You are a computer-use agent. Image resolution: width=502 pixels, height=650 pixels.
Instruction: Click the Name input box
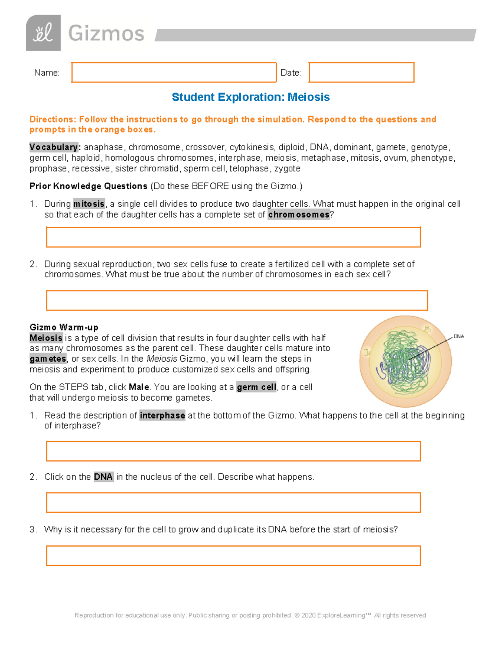pos(174,72)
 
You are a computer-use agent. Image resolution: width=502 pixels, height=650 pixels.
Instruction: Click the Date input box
pos(361,72)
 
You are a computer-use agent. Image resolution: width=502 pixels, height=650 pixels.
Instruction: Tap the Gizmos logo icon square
pos(44,33)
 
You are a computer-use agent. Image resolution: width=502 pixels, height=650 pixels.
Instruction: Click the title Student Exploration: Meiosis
pos(251,97)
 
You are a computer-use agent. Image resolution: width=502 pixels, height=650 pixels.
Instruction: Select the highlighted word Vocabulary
pos(54,147)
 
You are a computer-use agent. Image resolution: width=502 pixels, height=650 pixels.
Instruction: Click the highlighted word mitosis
pos(89,204)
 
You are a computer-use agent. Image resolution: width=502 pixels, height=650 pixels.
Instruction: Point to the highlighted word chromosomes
pos(299,215)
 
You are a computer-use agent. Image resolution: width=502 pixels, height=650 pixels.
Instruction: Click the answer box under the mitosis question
pos(233,237)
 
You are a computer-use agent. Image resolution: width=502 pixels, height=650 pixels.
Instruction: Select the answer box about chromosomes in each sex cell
pos(237,301)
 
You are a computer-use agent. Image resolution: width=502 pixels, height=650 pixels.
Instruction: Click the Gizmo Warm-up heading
pos(64,327)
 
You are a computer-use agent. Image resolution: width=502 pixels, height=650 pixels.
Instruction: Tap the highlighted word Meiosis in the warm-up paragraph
pos(46,338)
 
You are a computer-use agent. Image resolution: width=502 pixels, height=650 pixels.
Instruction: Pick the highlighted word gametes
pos(48,359)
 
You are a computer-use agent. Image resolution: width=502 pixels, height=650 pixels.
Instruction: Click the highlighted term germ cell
pos(256,387)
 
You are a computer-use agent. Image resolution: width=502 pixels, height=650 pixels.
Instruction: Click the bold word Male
pos(139,387)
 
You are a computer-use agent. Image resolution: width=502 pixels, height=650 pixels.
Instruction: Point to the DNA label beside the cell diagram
pos(458,337)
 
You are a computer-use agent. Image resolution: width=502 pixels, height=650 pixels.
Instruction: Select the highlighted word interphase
pos(162,415)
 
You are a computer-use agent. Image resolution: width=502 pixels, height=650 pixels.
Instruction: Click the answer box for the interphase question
pos(233,451)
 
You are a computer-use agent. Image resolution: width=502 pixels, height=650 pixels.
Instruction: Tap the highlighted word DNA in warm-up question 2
pos(103,477)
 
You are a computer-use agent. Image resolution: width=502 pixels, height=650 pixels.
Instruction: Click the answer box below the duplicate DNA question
pos(233,556)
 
